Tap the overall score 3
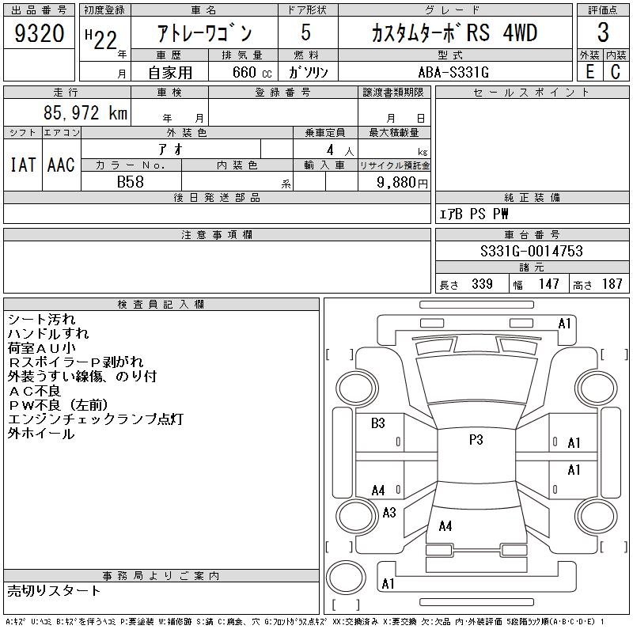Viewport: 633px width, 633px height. [x=603, y=33]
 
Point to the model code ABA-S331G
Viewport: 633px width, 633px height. [x=453, y=72]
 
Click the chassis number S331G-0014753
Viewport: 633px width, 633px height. [x=532, y=252]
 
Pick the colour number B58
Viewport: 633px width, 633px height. [x=130, y=181]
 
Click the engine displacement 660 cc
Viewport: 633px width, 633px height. [x=242, y=72]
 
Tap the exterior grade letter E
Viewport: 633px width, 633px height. [x=589, y=72]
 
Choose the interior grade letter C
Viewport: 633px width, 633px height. [x=616, y=72]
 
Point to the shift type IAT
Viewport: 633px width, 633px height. [x=23, y=165]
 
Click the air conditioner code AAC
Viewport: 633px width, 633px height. [x=61, y=165]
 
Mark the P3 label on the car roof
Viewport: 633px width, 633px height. [x=476, y=441]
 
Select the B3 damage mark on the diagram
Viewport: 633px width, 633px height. [x=378, y=423]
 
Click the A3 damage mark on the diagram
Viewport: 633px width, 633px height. [x=389, y=513]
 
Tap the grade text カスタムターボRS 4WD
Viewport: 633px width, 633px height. [x=454, y=34]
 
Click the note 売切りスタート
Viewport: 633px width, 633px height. [x=55, y=590]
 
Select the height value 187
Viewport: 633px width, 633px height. [x=612, y=284]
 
